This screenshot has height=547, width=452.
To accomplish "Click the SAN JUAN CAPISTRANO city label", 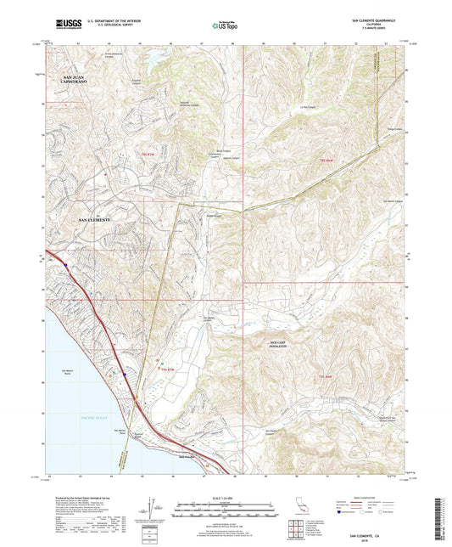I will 75,80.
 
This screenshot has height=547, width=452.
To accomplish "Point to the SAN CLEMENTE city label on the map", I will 95,220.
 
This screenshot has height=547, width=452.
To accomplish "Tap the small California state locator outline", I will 302,507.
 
